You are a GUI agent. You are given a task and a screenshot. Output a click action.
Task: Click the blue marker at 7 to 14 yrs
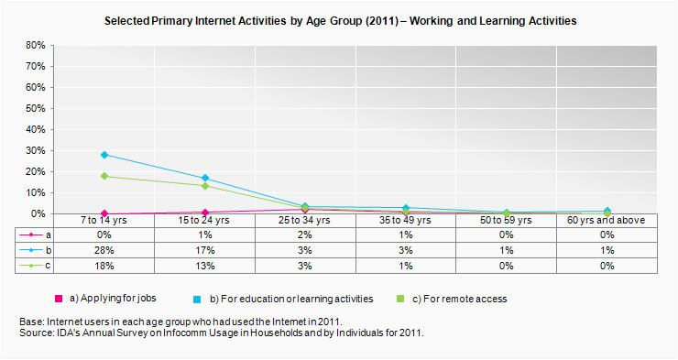coord(104,155)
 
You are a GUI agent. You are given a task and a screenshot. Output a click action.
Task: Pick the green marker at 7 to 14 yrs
coord(104,176)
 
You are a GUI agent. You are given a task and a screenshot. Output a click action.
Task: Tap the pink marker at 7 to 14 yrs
coord(104,213)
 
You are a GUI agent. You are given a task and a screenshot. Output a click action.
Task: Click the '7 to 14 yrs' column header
coord(104,221)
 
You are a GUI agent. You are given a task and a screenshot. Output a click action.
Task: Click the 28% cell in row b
coord(104,250)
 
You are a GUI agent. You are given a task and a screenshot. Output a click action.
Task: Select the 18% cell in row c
coord(104,266)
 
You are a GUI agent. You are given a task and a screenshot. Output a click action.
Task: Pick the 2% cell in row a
coord(305,235)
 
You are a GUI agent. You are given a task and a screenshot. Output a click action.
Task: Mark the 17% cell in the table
coord(205,250)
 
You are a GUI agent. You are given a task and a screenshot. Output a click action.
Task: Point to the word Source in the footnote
coord(36,333)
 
